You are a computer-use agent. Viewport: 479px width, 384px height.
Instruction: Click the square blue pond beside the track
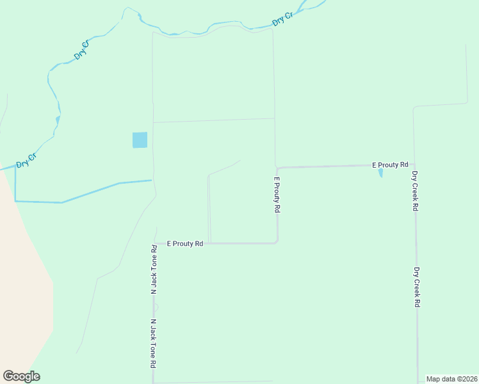tap(140, 140)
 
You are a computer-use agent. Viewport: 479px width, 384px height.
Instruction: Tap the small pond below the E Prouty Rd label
tap(380, 173)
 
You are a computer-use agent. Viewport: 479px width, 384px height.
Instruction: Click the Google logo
tap(21, 376)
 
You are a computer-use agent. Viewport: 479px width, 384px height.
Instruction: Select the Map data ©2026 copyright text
tap(451, 379)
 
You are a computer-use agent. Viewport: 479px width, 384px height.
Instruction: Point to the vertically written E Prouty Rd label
tap(277, 195)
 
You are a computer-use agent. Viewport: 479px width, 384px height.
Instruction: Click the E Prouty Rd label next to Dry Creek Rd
tap(390, 165)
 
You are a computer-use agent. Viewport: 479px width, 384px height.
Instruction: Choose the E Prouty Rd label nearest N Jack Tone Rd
tap(185, 244)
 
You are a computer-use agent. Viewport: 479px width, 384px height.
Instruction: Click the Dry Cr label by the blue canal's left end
tap(26, 160)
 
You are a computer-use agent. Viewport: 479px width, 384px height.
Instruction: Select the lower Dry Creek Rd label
tap(416, 287)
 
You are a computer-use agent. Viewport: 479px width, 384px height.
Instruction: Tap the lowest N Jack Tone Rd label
tap(154, 343)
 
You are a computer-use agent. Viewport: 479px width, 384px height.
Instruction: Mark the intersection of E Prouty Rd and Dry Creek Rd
tap(414, 165)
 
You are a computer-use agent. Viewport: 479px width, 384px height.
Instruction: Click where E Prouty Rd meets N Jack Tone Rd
tap(154, 244)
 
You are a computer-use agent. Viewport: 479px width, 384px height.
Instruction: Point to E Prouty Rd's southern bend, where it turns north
tap(277, 242)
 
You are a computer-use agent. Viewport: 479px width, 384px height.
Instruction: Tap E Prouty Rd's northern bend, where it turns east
tap(277, 168)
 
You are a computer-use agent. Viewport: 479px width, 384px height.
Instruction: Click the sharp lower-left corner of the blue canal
tap(15, 201)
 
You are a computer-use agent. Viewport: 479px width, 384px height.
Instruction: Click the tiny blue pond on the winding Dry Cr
tap(58, 119)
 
